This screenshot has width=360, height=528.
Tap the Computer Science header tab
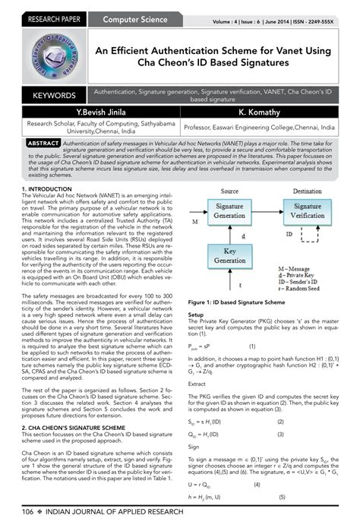pos(131,17)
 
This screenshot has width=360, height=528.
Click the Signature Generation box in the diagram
pos(229,210)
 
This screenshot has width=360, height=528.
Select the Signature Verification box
pos(307,210)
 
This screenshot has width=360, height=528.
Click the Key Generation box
pos(229,261)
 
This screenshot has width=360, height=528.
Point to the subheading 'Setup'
pos(195,314)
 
